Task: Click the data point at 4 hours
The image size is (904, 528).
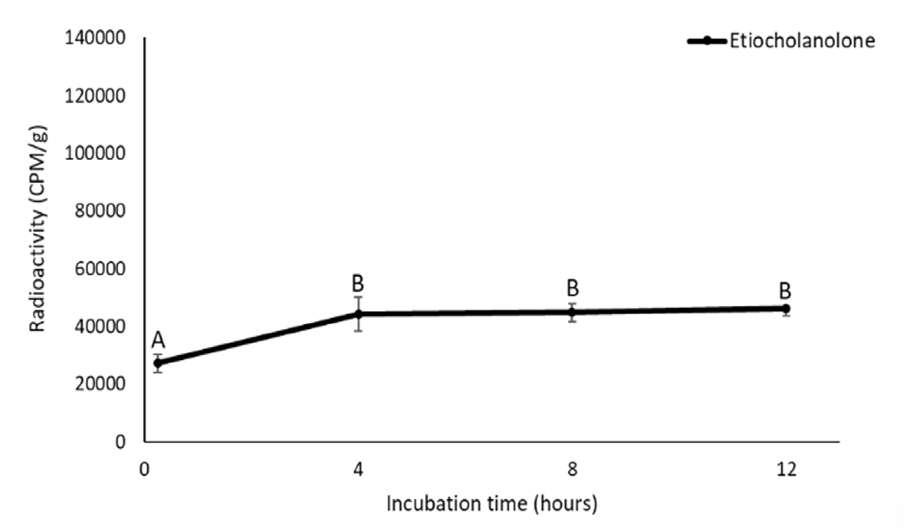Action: [359, 313]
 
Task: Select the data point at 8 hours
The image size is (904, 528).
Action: [573, 311]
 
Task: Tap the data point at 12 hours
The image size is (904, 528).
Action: [786, 308]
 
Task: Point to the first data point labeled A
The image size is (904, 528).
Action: [158, 362]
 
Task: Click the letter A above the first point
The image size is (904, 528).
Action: [158, 341]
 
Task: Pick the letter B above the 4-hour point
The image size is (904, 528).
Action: [359, 284]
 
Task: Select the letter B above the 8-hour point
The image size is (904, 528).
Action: [573, 288]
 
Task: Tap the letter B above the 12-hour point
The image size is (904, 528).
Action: [786, 290]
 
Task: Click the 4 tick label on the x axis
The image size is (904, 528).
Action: [359, 468]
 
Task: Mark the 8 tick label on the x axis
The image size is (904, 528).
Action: [573, 468]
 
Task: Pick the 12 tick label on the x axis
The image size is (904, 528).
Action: [786, 468]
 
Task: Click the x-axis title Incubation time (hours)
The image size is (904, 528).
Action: [491, 504]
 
